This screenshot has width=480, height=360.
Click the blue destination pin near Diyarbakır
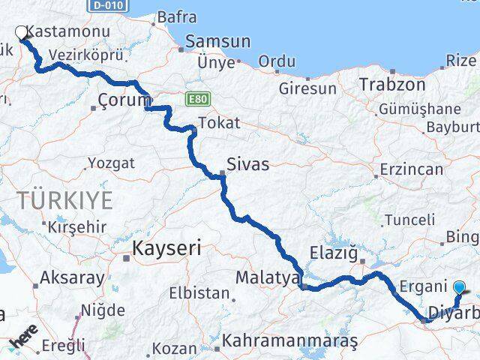(x=459, y=285)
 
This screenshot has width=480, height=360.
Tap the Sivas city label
(x=249, y=164)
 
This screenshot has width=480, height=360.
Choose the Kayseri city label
(x=166, y=248)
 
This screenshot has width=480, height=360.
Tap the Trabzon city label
(x=391, y=84)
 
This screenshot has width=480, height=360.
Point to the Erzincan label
(x=411, y=169)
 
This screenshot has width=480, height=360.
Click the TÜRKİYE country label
(x=66, y=200)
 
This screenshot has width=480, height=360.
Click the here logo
(x=25, y=338)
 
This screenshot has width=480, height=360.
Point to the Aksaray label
(x=73, y=277)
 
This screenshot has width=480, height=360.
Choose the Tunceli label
(x=409, y=220)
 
